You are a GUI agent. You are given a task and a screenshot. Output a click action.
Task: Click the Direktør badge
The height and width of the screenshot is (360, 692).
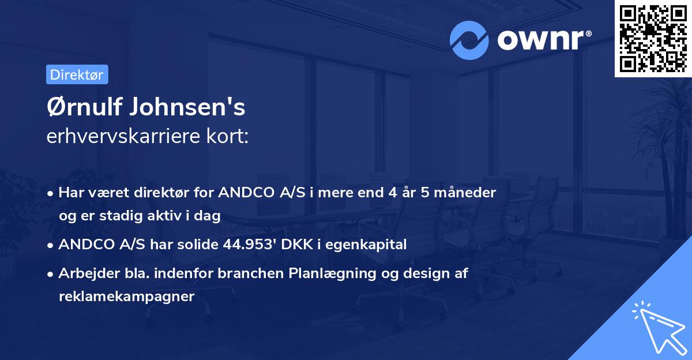coord(77,74)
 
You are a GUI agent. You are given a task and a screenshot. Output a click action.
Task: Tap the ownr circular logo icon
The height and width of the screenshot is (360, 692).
coord(469,40)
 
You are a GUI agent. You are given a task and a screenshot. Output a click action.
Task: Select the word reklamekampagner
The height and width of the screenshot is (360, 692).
coord(127,297)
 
